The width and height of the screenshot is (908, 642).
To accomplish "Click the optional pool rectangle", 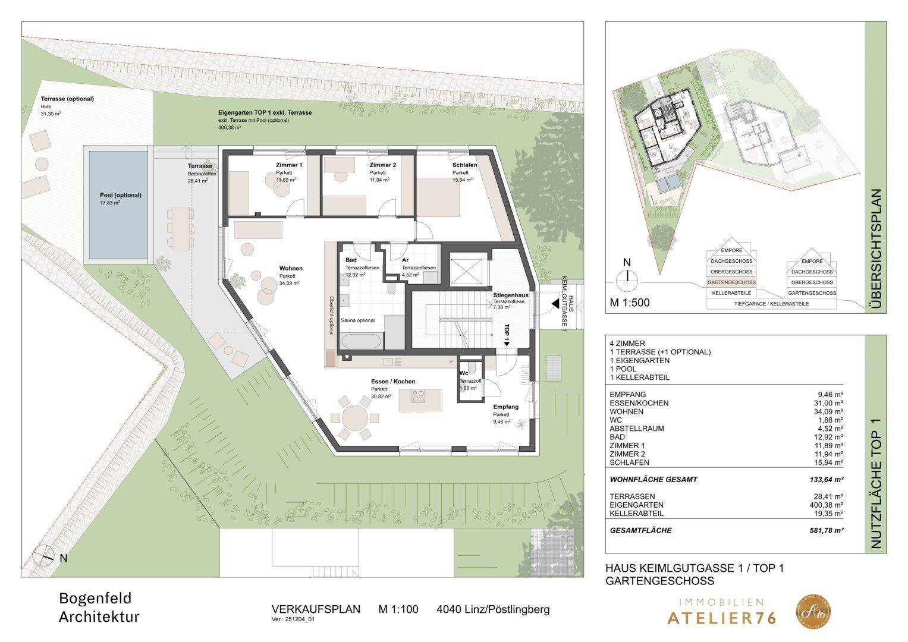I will click(x=118, y=205).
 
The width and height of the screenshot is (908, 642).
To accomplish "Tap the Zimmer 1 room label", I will click(x=289, y=165).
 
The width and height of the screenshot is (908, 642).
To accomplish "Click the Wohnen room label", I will click(x=291, y=268).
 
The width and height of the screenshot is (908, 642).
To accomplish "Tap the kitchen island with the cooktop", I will click(x=420, y=396).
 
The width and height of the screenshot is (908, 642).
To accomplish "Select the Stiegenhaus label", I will click(x=510, y=295).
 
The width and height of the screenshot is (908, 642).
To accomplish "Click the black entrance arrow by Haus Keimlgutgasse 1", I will click(x=554, y=304).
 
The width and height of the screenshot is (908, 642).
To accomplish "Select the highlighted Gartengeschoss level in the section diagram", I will click(x=731, y=282).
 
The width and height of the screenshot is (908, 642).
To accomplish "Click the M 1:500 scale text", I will click(x=630, y=303).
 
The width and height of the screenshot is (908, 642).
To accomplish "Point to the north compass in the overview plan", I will click(x=626, y=279).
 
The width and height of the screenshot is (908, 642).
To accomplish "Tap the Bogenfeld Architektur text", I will click(x=99, y=607).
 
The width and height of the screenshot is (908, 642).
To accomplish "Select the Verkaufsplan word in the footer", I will click(x=316, y=609).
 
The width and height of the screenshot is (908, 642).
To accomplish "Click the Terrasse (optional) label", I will click(x=67, y=99).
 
